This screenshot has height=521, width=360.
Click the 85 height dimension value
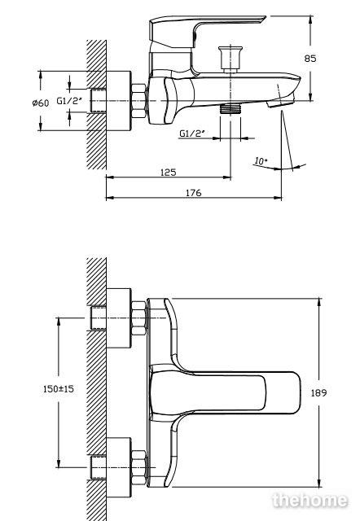click(x=310, y=59)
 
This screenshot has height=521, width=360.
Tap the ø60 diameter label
click(x=41, y=103)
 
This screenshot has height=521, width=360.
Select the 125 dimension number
click(x=169, y=173)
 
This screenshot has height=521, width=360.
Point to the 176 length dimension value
click(x=194, y=193)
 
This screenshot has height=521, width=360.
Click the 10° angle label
click(x=261, y=161)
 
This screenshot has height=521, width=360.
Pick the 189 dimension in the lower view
click(x=318, y=392)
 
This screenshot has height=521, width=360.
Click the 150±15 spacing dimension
click(x=59, y=389)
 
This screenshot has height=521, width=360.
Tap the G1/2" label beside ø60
click(x=69, y=101)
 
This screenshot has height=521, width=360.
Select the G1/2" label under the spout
click(x=191, y=134)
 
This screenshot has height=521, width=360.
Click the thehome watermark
click(x=310, y=501)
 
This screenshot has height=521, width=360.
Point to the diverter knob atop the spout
click(x=230, y=59)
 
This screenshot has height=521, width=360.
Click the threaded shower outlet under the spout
click(x=230, y=109)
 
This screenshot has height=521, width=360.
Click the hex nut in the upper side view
click(x=138, y=101)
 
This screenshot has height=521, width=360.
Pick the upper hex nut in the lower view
click(x=139, y=318)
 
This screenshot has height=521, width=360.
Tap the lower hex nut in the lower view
click(x=139, y=467)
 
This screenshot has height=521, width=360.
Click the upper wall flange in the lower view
click(x=119, y=318)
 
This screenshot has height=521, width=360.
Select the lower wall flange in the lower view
click(x=119, y=467)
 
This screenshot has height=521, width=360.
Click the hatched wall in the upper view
click(x=96, y=105)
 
